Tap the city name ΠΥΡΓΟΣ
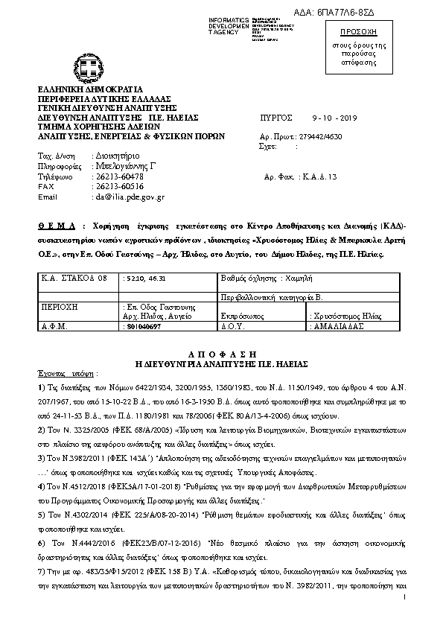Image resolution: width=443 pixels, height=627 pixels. tap(277, 118)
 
